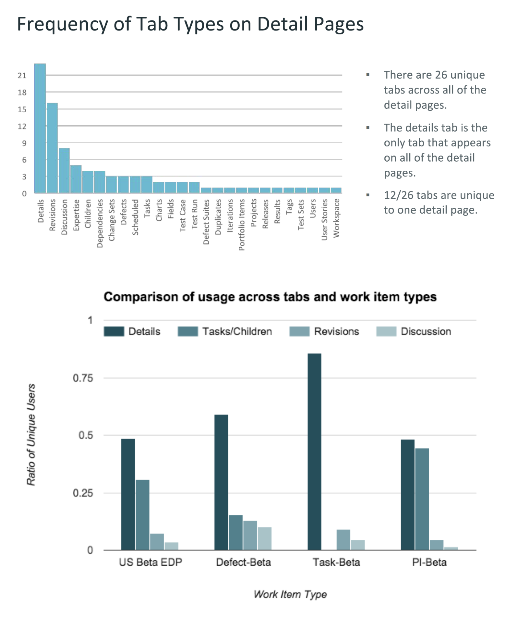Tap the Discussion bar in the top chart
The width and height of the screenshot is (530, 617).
[64, 171]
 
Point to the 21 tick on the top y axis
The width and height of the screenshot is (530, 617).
[22, 76]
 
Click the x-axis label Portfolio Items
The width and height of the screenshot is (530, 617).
[242, 225]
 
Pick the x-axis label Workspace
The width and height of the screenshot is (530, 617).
[336, 218]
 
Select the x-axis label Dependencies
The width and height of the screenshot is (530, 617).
[100, 223]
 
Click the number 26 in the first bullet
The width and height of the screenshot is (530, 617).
[441, 75]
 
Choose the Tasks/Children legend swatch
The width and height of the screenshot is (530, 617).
[188, 331]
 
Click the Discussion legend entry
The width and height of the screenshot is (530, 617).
[426, 331]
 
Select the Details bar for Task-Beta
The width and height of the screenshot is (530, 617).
[314, 451]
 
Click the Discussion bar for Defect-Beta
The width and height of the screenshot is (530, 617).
[265, 538]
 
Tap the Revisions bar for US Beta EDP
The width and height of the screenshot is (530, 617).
[157, 542]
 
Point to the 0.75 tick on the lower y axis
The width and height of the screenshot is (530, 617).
[83, 378]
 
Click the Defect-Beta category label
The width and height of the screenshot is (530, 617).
[244, 562]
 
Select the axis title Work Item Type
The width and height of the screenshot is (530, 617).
[290, 594]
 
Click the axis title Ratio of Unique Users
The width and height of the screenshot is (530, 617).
[31, 435]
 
